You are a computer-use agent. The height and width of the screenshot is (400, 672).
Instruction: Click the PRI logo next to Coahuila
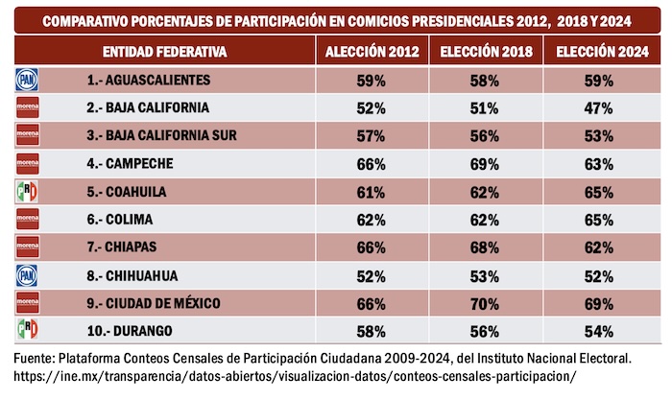click(x=26, y=192)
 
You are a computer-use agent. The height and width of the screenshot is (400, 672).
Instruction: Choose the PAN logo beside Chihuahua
click(x=26, y=276)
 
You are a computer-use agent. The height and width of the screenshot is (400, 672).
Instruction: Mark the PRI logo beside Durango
click(x=26, y=332)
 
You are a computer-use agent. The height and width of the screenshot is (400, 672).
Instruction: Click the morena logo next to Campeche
click(x=26, y=164)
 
